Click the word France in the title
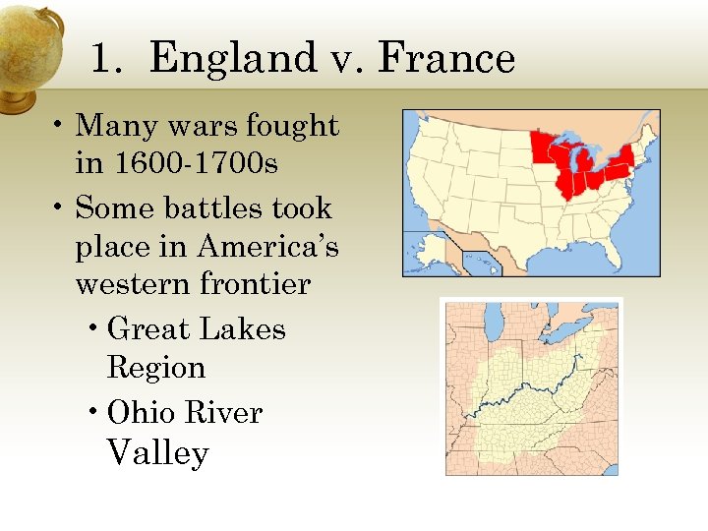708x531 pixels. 446,59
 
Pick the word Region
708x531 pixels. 155,367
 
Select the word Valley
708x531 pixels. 157,453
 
